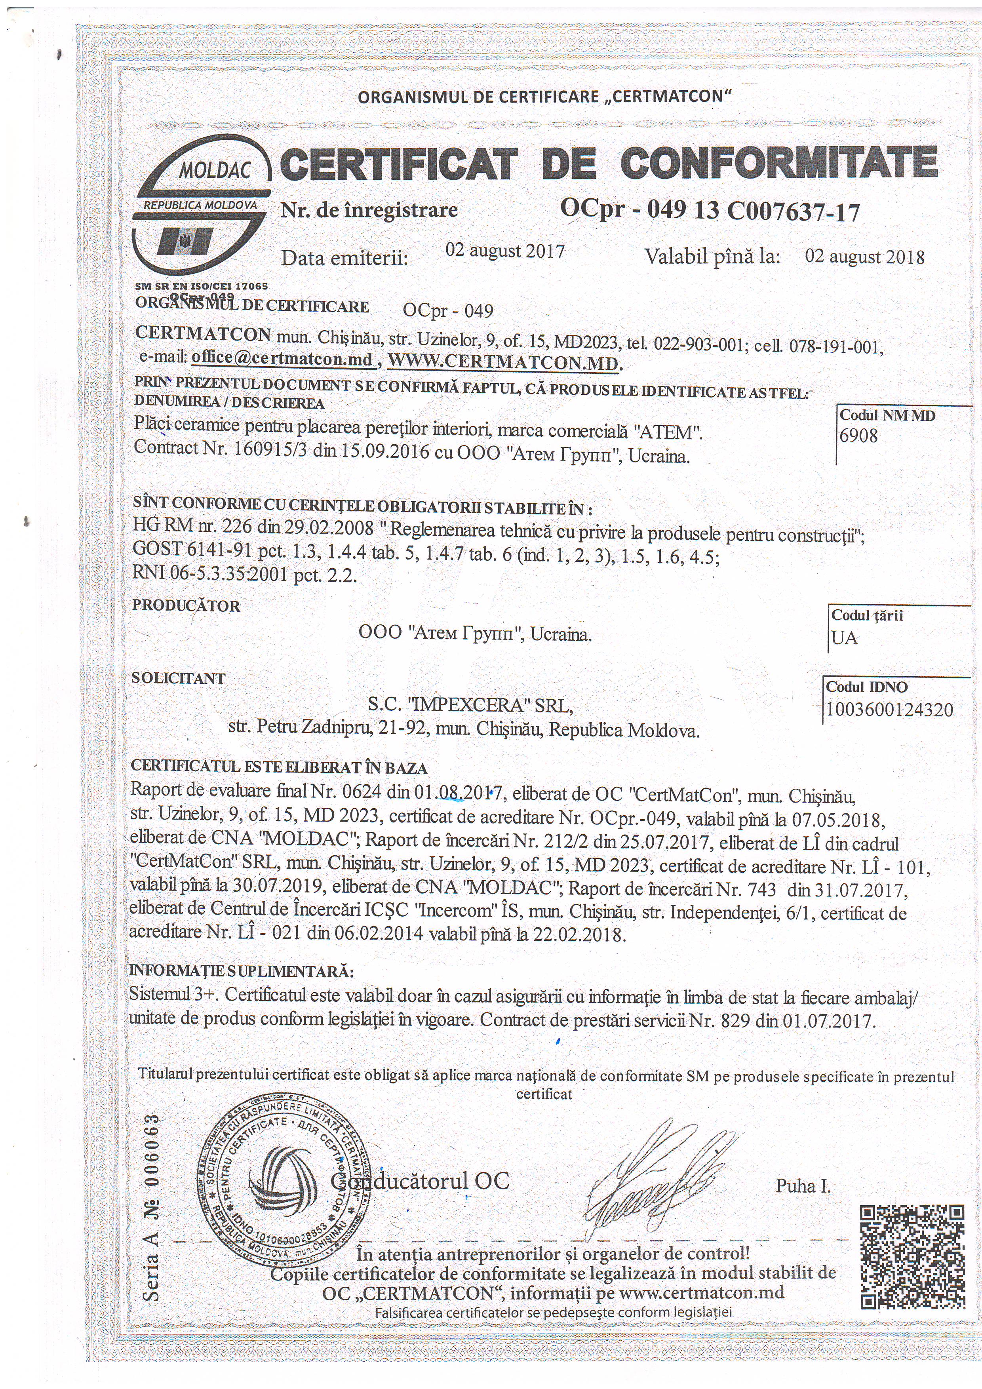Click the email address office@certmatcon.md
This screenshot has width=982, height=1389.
[282, 358]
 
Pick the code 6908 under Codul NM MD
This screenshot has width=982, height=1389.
[858, 436]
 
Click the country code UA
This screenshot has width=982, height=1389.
[844, 637]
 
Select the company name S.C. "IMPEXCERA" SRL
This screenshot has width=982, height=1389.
[470, 706]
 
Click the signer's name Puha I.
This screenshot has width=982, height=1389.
[803, 1186]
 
